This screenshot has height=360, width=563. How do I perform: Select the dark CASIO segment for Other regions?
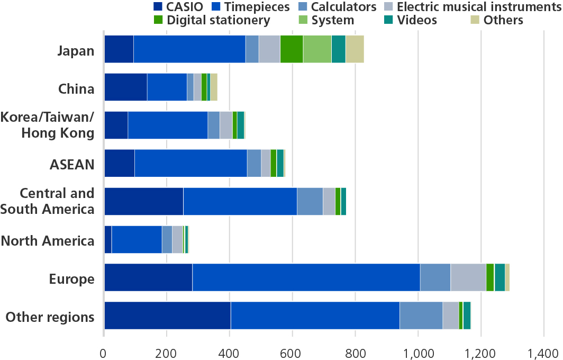tap(167, 316)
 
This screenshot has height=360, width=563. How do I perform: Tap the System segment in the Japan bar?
tap(317, 49)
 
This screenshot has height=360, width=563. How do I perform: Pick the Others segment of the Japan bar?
tap(355, 49)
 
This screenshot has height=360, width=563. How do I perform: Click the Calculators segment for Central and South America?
tap(310, 201)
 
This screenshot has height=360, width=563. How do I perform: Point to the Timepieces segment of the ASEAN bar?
tap(190, 163)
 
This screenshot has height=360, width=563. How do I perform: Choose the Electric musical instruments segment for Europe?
tap(468, 277)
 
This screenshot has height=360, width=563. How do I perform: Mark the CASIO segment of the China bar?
tap(125, 87)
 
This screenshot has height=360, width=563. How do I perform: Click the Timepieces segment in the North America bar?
tap(137, 239)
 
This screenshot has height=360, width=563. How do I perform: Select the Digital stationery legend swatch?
tap(158, 20)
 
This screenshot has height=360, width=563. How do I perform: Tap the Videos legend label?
tap(418, 20)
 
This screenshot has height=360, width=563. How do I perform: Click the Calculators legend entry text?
tap(343, 7)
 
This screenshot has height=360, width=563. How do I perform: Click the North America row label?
tap(48, 241)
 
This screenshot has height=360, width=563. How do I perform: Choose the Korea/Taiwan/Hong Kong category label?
tap(48, 125)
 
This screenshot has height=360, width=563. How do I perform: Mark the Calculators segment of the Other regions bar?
tap(421, 316)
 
